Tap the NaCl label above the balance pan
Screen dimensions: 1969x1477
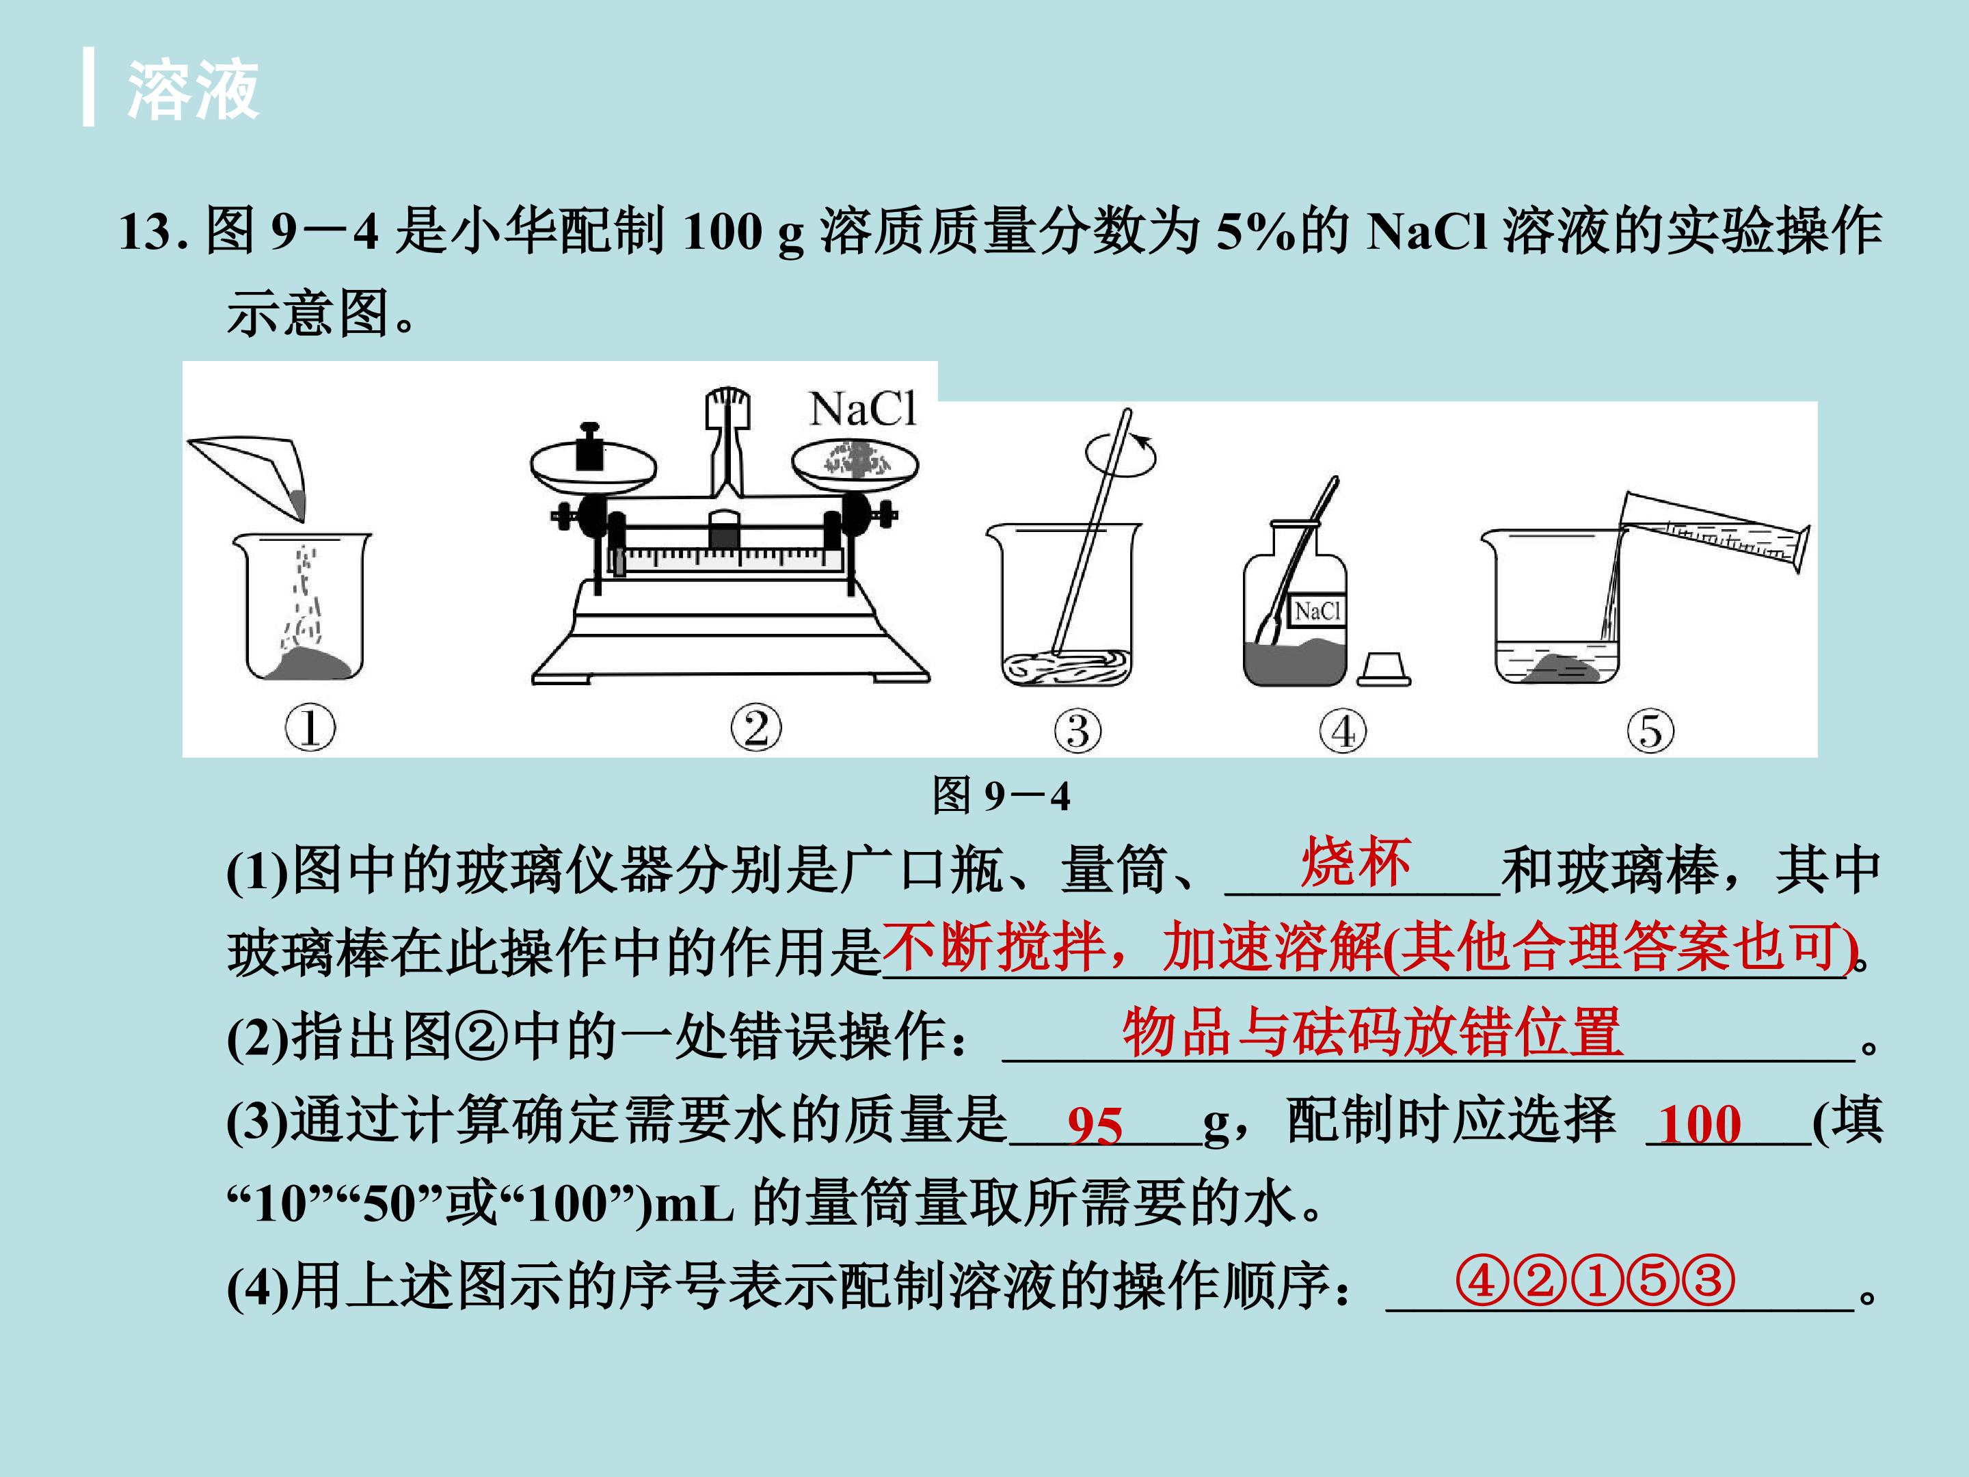click(x=863, y=410)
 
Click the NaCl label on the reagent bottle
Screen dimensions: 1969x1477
click(x=1317, y=611)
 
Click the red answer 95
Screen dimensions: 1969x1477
click(x=1095, y=1126)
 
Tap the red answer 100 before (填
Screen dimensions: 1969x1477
click(x=1699, y=1123)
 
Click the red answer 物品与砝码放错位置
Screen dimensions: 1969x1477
click(x=1373, y=1033)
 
